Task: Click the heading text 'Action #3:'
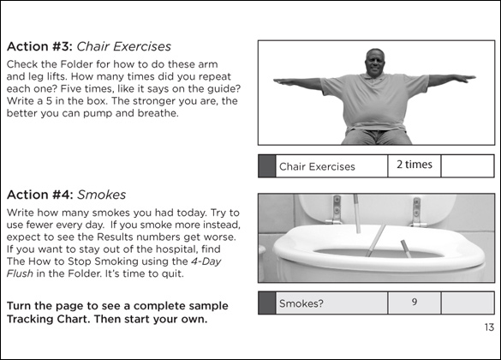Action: (40, 46)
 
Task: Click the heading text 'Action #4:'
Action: (40, 195)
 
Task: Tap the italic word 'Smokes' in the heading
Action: (102, 195)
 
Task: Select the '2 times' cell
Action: (415, 165)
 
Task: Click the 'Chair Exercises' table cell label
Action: (317, 166)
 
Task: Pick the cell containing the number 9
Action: (415, 303)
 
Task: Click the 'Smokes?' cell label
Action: (301, 303)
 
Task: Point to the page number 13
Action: (489, 327)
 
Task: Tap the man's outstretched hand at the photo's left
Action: (283, 81)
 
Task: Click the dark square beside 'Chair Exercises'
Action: (267, 166)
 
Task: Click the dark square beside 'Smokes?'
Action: (267, 303)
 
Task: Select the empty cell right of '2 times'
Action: (468, 166)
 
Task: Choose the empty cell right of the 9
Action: (468, 303)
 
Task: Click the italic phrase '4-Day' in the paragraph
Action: (206, 261)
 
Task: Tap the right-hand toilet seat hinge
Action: (417, 212)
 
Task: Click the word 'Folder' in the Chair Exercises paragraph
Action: (76, 64)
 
